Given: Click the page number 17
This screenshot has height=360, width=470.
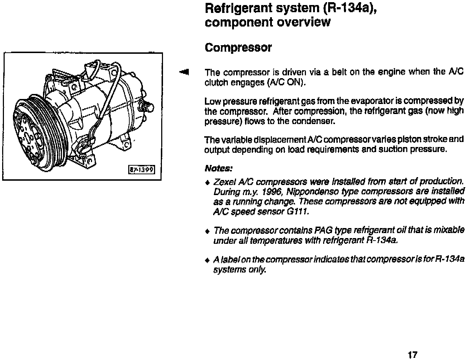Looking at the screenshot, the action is pos(412,355).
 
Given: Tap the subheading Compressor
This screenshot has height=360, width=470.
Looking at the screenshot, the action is pos(238,48).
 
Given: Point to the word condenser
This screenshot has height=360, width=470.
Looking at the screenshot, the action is pos(318,121).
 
